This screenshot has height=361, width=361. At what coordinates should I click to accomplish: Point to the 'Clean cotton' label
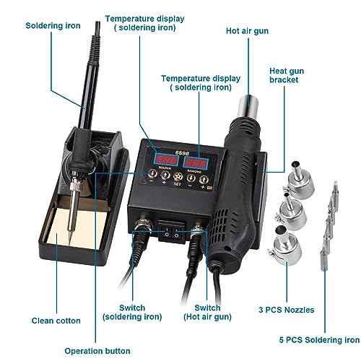(x=55, y=321)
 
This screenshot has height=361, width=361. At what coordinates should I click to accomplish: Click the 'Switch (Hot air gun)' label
(x=212, y=313)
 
